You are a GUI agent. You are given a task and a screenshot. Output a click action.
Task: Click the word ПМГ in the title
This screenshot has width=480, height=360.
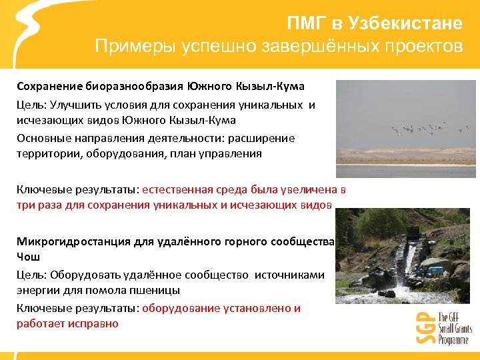point(306,23)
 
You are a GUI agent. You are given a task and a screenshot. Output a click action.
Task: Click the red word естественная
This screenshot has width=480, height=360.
point(176,189)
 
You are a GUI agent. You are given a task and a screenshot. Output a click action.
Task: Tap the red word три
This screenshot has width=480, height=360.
point(25,205)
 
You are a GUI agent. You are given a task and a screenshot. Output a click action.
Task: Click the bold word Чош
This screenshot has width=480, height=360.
point(28,257)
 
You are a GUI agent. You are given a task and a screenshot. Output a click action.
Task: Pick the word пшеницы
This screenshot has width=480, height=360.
point(155,291)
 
